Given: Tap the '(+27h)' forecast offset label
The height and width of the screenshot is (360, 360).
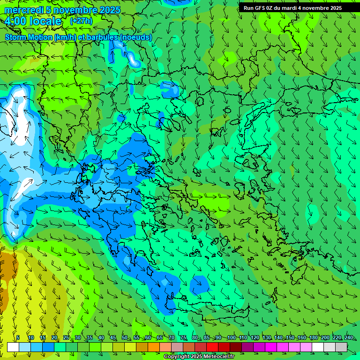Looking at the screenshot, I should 81,21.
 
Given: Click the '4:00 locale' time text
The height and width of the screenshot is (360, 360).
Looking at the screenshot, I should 33,21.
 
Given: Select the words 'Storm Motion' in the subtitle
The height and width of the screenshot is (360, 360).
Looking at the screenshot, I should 29,37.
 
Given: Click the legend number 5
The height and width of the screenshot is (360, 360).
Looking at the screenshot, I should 18,337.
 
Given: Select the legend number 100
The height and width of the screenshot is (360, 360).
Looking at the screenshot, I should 231,337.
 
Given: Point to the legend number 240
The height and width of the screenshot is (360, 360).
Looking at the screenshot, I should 348,337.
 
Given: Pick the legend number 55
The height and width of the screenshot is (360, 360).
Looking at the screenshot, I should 136,337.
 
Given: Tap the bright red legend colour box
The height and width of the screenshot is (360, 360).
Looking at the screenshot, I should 212,347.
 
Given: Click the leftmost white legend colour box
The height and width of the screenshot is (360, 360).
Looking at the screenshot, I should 13,347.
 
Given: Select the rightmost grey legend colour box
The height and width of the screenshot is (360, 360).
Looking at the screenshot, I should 341,347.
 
